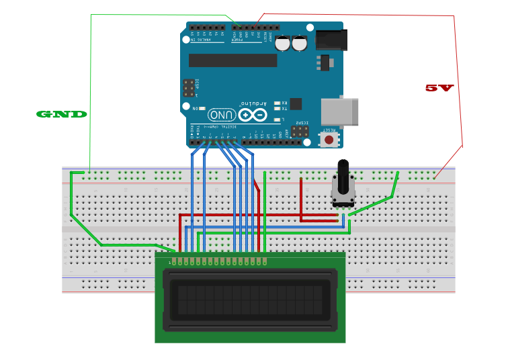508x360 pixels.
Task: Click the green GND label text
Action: [x=61, y=114]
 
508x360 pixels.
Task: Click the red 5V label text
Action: [x=439, y=88]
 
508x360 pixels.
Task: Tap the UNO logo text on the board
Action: [x=221, y=115]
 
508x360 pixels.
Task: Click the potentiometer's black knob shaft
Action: [x=343, y=175]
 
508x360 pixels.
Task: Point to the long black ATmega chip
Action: [x=232, y=60]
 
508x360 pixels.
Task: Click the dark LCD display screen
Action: [x=250, y=300]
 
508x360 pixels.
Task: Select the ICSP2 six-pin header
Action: [x=300, y=132]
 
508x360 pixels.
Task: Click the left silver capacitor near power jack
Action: [x=283, y=43]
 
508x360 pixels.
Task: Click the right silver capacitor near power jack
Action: [x=300, y=43]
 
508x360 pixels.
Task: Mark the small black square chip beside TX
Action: [x=295, y=103]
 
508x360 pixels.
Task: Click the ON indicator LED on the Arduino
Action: [x=202, y=107]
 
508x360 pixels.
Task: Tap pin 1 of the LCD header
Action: [x=173, y=260]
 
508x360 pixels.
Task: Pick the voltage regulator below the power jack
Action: [x=325, y=62]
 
